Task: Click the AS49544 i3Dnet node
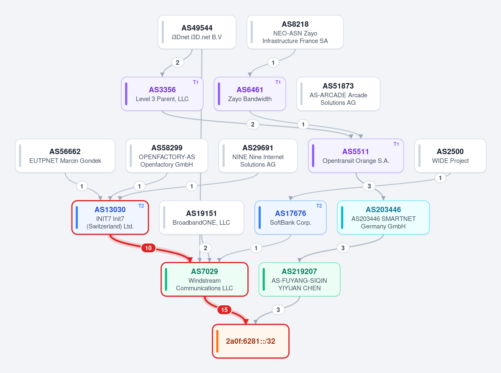197,32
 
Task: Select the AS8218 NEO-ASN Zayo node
295,32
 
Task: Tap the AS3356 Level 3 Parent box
162,94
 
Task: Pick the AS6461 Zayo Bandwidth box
249,94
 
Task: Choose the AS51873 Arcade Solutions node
338,94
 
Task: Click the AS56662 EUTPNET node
65,156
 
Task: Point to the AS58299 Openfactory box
166,156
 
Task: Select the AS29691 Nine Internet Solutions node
258,156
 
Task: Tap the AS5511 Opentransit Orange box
356,156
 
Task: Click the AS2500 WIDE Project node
450,156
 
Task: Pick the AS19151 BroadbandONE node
201,218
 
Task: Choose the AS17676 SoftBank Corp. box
290,218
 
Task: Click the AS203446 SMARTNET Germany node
383,218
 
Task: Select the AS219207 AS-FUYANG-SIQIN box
299,279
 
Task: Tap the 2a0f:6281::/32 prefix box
251,341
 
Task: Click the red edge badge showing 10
148,248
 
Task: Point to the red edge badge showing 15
224,310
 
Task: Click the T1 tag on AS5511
396,144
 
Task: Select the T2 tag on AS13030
141,206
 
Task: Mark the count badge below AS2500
440,178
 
